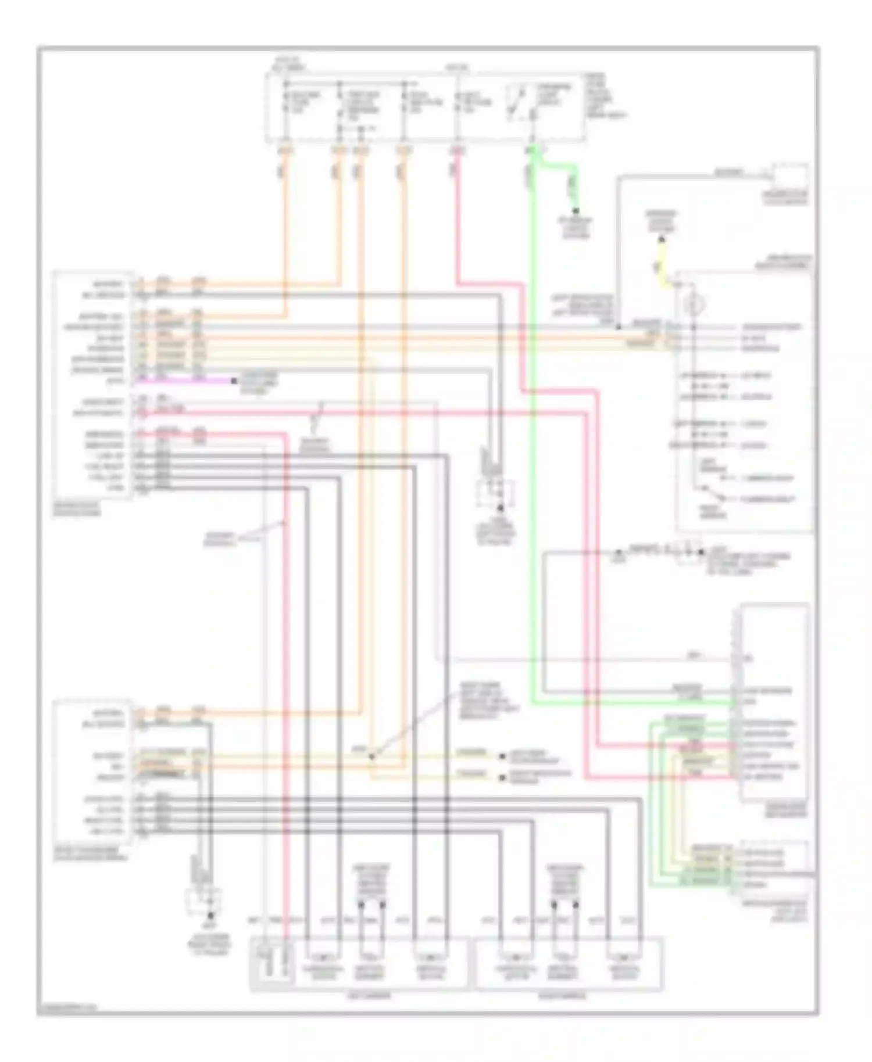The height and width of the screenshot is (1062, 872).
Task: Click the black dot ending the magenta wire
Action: tap(234, 381)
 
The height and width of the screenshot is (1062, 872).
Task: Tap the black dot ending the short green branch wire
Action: tap(576, 210)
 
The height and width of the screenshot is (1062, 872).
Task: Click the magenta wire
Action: tap(186, 381)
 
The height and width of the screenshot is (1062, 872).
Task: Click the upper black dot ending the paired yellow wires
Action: tap(503, 756)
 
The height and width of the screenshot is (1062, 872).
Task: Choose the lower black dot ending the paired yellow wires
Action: tap(503, 777)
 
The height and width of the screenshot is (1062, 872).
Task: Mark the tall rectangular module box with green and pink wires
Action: tap(773, 703)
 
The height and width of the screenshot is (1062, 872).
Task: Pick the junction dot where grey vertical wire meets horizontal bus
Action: tap(619, 327)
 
